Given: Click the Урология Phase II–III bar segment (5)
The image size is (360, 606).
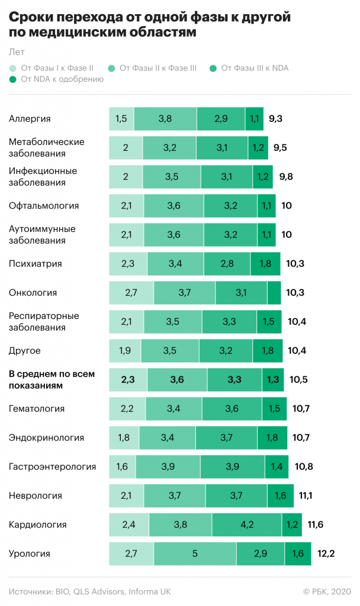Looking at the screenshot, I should point(195,554).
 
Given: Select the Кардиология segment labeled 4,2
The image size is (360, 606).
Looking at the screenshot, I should point(247,525).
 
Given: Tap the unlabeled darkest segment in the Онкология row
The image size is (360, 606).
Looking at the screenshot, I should point(274,293).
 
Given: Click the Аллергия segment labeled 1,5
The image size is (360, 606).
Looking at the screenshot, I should point(121,119).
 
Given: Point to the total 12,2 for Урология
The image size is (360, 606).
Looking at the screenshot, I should point(326,554).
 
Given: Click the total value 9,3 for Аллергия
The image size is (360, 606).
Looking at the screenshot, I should point(275,119).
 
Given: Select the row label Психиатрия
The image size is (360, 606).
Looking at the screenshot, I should point(35,264).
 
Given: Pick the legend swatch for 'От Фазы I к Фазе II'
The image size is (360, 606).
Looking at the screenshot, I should point(14,68).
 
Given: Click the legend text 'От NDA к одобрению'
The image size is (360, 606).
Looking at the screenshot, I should point(62,79).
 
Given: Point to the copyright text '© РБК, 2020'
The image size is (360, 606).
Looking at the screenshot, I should point(327,591).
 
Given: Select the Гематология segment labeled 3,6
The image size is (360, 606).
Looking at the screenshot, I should point(233,409).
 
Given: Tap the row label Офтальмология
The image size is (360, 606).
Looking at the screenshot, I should point(44,206).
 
